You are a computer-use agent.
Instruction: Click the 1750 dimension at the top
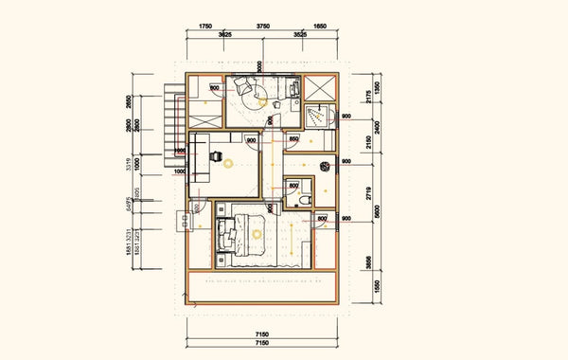204,27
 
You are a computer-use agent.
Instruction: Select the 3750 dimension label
265,27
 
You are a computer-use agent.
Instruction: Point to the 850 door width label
294,140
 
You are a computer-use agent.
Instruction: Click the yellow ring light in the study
229,163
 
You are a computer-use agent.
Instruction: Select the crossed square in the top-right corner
323,87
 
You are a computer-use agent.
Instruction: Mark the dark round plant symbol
325,167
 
